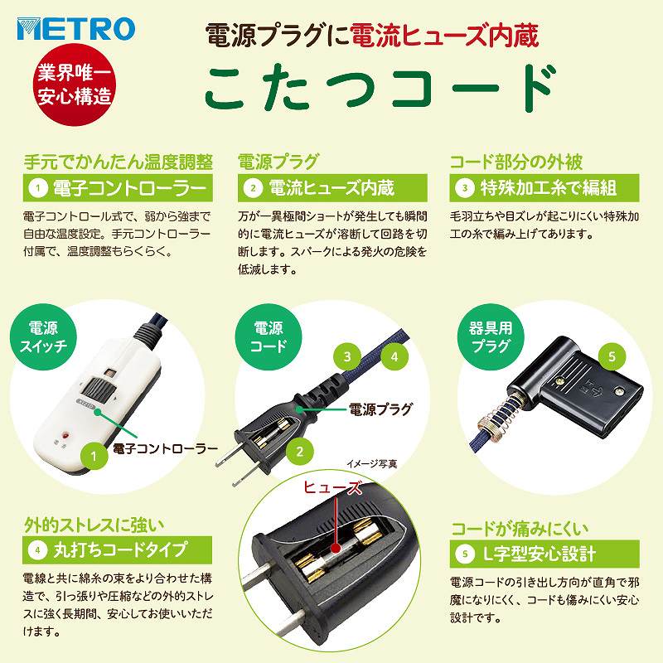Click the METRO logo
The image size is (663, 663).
click(x=76, y=29)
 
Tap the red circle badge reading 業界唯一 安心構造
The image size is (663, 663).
click(x=75, y=85)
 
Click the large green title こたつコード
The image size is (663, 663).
click(x=380, y=88)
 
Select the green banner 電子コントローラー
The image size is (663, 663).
click(x=118, y=188)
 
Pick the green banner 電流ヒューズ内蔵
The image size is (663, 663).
click(x=332, y=188)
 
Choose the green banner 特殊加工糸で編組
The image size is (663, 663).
click(x=544, y=188)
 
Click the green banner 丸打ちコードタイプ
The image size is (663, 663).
click(x=117, y=549)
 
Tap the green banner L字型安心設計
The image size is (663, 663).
click(x=544, y=554)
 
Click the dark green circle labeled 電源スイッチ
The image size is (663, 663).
click(x=43, y=337)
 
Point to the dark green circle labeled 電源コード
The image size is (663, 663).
click(x=268, y=337)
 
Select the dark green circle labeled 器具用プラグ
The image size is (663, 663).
click(x=491, y=337)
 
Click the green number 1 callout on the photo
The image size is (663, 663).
click(x=94, y=456)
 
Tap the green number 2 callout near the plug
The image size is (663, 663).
click(x=300, y=452)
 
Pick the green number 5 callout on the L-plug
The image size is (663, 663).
click(x=612, y=356)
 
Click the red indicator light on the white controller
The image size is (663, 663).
click(x=65, y=434)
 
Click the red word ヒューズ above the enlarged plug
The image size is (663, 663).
click(x=333, y=487)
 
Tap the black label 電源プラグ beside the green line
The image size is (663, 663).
click(x=380, y=409)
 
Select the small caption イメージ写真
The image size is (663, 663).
click(x=372, y=464)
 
